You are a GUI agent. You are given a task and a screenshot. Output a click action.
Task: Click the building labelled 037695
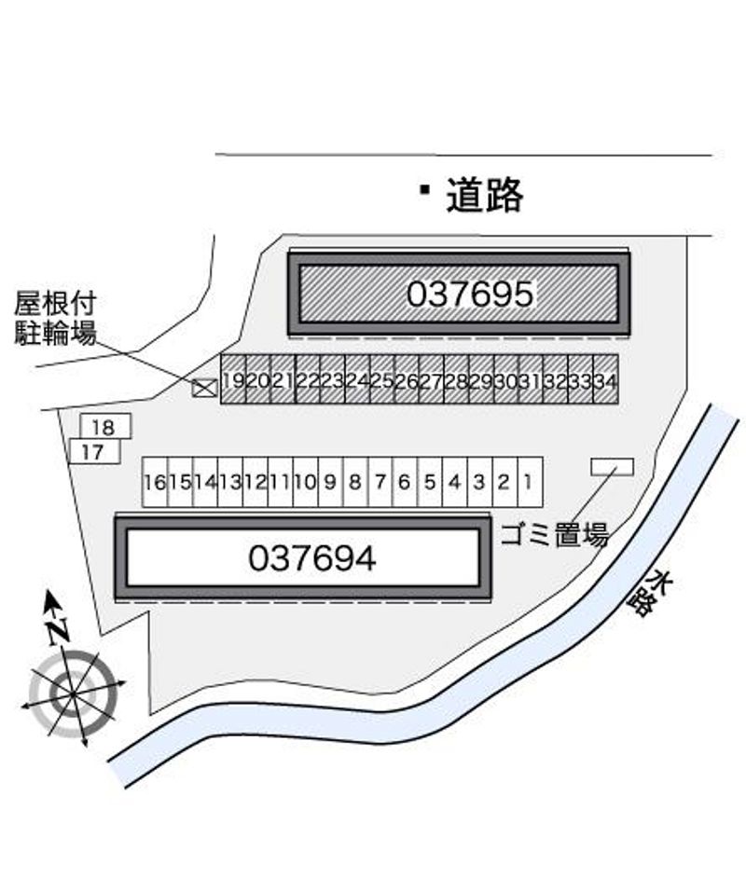tap(459, 294)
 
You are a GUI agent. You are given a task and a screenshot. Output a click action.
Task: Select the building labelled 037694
tap(303, 557)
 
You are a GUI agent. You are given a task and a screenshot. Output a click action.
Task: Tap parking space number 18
tap(106, 427)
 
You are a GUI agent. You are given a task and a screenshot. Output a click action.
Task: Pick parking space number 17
tap(95, 451)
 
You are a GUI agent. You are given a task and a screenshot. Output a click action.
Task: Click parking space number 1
tap(530, 482)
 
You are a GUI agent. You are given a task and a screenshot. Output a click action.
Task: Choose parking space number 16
tap(155, 482)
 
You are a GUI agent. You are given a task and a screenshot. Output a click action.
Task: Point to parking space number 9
tap(330, 482)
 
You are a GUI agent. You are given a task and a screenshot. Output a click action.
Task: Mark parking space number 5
tap(430, 482)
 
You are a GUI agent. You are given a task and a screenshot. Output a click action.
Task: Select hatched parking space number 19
tap(233, 379)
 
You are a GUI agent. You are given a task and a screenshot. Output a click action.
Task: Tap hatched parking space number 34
tap(606, 379)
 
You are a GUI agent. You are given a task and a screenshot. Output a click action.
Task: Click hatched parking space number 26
tap(407, 379)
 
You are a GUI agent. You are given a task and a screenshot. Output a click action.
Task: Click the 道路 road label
tap(485, 195)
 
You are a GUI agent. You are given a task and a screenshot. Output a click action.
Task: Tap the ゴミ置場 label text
tap(555, 535)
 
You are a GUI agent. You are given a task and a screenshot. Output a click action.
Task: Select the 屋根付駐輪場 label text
tap(55, 319)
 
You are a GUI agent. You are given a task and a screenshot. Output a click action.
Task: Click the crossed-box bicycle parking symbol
tap(204, 388)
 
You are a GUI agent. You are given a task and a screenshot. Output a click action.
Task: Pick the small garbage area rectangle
tap(613, 467)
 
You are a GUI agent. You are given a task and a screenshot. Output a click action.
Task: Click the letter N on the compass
tap(58, 630)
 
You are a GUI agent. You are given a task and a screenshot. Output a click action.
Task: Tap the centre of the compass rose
tap(74, 694)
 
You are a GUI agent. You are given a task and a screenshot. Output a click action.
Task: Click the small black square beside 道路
tap(425, 189)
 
